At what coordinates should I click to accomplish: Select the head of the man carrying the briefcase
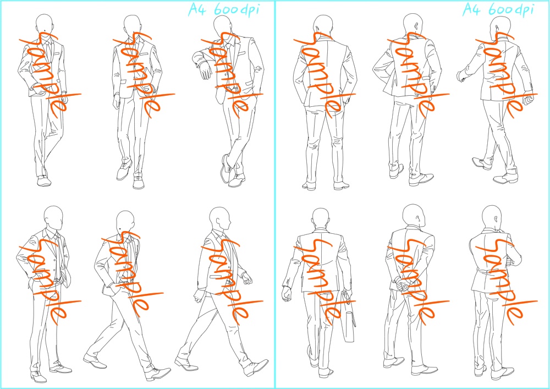click(x=320, y=218)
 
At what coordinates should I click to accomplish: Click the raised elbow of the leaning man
click(x=195, y=56)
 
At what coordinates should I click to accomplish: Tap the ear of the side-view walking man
click(x=218, y=222)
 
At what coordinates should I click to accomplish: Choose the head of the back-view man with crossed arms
click(x=491, y=217)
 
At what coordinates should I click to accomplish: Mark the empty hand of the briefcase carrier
click(x=286, y=294)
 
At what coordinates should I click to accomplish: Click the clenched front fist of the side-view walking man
click(x=248, y=278)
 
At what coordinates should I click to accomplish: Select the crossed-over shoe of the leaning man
click(x=226, y=169)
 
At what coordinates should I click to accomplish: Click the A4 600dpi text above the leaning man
click(x=224, y=9)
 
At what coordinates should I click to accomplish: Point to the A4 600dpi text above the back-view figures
click(x=498, y=9)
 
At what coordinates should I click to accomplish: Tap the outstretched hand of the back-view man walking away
click(x=461, y=76)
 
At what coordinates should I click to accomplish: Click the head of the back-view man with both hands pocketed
click(x=323, y=25)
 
